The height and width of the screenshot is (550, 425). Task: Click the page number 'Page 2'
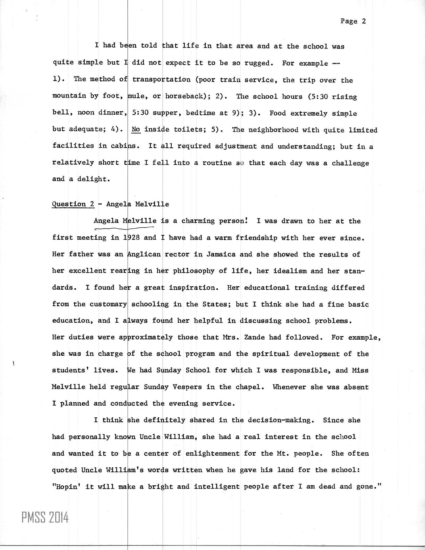353,21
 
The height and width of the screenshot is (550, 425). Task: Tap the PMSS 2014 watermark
45,518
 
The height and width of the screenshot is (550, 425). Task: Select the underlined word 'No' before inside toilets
136,130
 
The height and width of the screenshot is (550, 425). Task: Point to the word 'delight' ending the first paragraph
93,179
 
